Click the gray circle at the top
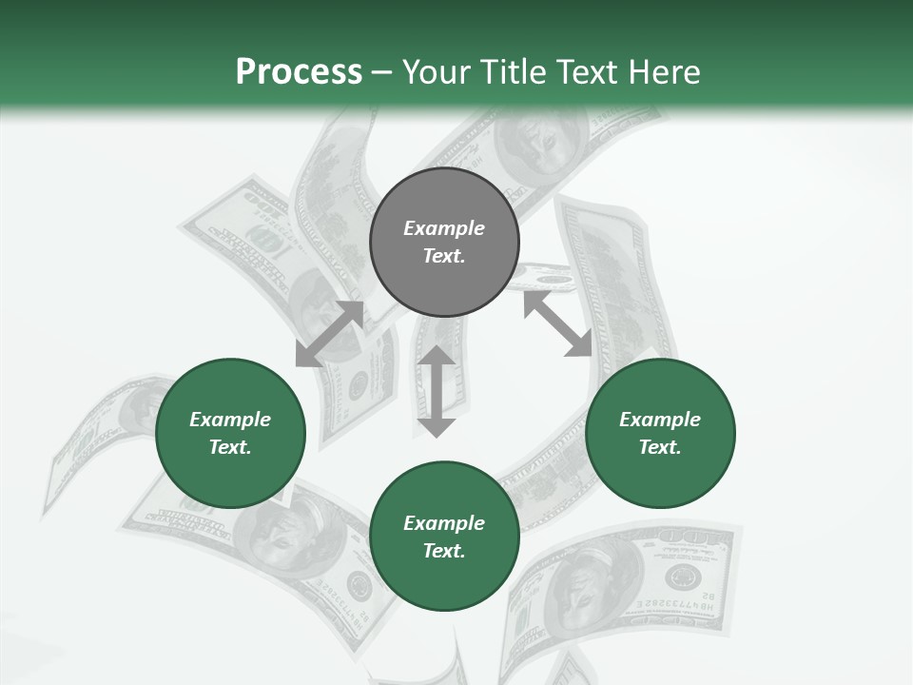pos(444,242)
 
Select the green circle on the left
pos(230,433)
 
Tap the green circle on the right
pos(660,433)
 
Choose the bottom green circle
pos(444,537)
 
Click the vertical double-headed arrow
pos(437,391)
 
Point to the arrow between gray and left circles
pos(329,334)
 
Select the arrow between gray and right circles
pos(557,323)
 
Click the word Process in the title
pos(299,72)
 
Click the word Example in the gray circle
pos(444,228)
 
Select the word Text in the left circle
pos(230,447)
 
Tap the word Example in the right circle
pos(660,420)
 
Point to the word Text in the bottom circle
pos(444,551)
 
